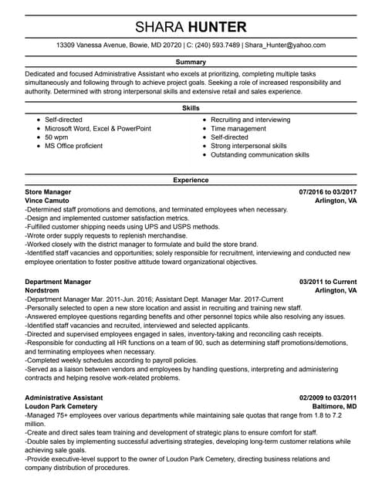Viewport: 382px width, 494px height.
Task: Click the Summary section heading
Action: (191, 62)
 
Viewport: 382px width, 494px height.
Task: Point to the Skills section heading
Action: (191, 108)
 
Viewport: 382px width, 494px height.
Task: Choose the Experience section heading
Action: (191, 180)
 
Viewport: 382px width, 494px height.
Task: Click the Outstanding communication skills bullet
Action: (260, 154)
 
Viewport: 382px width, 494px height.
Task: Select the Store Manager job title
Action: (48, 191)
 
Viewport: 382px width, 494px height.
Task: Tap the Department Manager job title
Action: (58, 282)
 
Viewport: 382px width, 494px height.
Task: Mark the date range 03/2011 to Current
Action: (328, 282)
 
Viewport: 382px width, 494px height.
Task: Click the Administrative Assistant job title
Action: (63, 397)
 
